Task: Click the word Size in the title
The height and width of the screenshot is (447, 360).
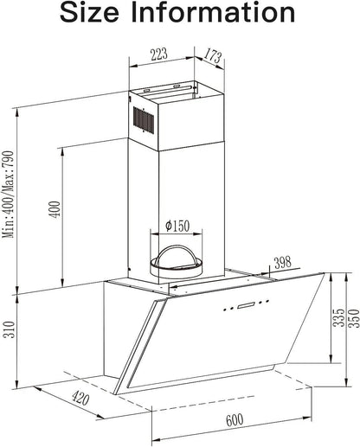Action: (89, 13)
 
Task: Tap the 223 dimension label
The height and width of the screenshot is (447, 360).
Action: (159, 54)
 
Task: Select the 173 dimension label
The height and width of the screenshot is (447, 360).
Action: (213, 56)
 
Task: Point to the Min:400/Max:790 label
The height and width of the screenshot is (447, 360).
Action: (8, 195)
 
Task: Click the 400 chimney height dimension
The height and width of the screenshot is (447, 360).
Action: (55, 209)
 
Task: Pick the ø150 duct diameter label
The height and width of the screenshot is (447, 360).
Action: (177, 226)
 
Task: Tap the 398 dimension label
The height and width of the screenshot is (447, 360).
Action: (283, 263)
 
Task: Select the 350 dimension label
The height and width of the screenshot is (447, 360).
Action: (354, 318)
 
